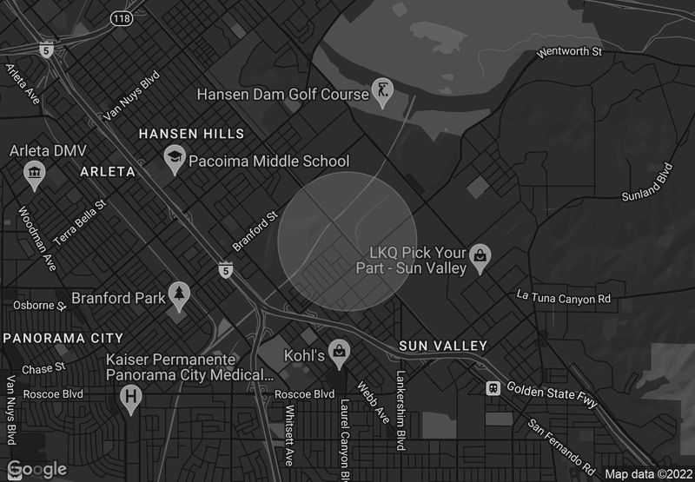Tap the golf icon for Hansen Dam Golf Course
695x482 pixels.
click(x=382, y=89)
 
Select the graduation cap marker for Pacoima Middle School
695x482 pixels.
click(x=175, y=159)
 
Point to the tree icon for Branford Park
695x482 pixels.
click(x=179, y=296)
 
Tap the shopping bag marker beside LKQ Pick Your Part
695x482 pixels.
click(x=480, y=257)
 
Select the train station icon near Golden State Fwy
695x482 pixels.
click(x=493, y=387)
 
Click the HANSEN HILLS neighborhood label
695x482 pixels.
click(x=192, y=134)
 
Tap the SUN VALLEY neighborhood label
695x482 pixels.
click(x=443, y=346)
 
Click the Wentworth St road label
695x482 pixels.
click(x=569, y=52)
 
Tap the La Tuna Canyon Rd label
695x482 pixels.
click(x=564, y=299)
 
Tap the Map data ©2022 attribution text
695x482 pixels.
click(x=647, y=474)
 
